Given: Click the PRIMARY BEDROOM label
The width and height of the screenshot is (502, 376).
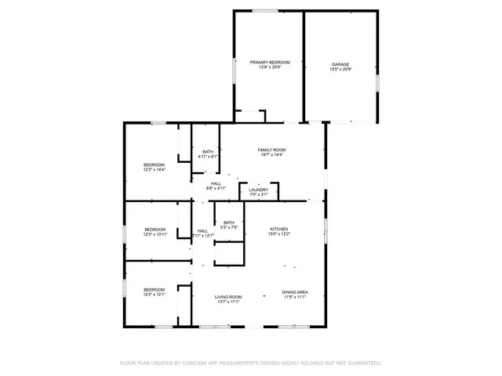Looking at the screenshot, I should [x=270, y=62].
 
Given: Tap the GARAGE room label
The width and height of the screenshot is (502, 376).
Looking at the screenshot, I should [x=340, y=64].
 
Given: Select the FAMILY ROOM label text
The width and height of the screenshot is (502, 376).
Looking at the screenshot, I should [x=272, y=150].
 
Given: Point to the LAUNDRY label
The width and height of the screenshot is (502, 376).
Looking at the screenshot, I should [x=259, y=190].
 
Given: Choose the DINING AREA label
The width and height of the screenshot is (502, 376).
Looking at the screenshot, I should [x=295, y=292].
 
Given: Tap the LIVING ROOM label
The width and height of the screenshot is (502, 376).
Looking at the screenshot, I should [x=228, y=297].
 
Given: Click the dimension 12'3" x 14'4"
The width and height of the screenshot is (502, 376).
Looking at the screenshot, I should [x=154, y=170].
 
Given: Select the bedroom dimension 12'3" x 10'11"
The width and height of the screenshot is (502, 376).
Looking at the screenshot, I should [x=155, y=234].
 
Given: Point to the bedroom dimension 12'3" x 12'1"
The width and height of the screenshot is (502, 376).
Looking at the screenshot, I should [x=154, y=295].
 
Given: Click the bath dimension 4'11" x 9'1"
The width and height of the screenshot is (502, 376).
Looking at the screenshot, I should [x=208, y=157].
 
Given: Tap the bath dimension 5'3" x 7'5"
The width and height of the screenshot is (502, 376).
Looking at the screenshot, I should [x=228, y=228].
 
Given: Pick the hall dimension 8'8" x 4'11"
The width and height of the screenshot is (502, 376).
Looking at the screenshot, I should [x=216, y=189].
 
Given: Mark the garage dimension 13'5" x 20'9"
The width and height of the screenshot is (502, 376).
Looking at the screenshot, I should [x=340, y=70].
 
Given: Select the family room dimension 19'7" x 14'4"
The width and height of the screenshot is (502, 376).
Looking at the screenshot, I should [x=272, y=155].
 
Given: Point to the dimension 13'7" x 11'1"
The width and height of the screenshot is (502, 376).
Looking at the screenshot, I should [x=228, y=302].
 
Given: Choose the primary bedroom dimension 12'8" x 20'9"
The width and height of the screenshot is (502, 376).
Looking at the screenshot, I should [x=270, y=67].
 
